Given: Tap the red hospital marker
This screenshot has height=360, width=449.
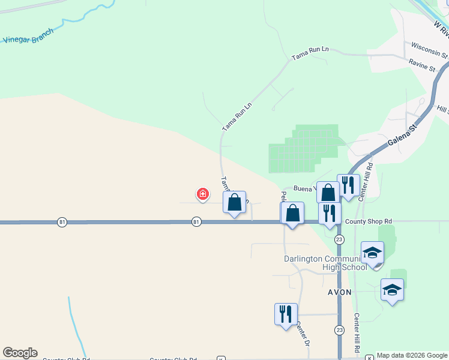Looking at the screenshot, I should point(203,194).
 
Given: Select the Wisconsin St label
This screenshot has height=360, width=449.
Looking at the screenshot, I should point(429,50).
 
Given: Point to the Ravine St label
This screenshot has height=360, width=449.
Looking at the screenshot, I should point(421,65).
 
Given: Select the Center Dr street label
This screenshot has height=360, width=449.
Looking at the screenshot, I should point(303,334).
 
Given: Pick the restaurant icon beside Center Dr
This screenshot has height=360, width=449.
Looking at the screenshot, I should point(285,314).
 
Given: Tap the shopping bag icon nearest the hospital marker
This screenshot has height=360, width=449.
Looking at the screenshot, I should point(235,202).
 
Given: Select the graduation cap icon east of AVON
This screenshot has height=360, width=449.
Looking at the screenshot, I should point(392,290).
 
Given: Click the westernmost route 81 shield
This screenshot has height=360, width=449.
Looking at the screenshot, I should point(62,222).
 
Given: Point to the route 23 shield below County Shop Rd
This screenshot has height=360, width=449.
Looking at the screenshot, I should point(340,239).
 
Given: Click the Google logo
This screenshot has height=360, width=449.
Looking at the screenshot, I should point(20,353).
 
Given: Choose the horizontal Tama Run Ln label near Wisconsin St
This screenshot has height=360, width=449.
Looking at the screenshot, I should point(311,53).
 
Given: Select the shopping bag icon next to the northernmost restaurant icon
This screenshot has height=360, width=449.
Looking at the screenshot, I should point(328,192).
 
